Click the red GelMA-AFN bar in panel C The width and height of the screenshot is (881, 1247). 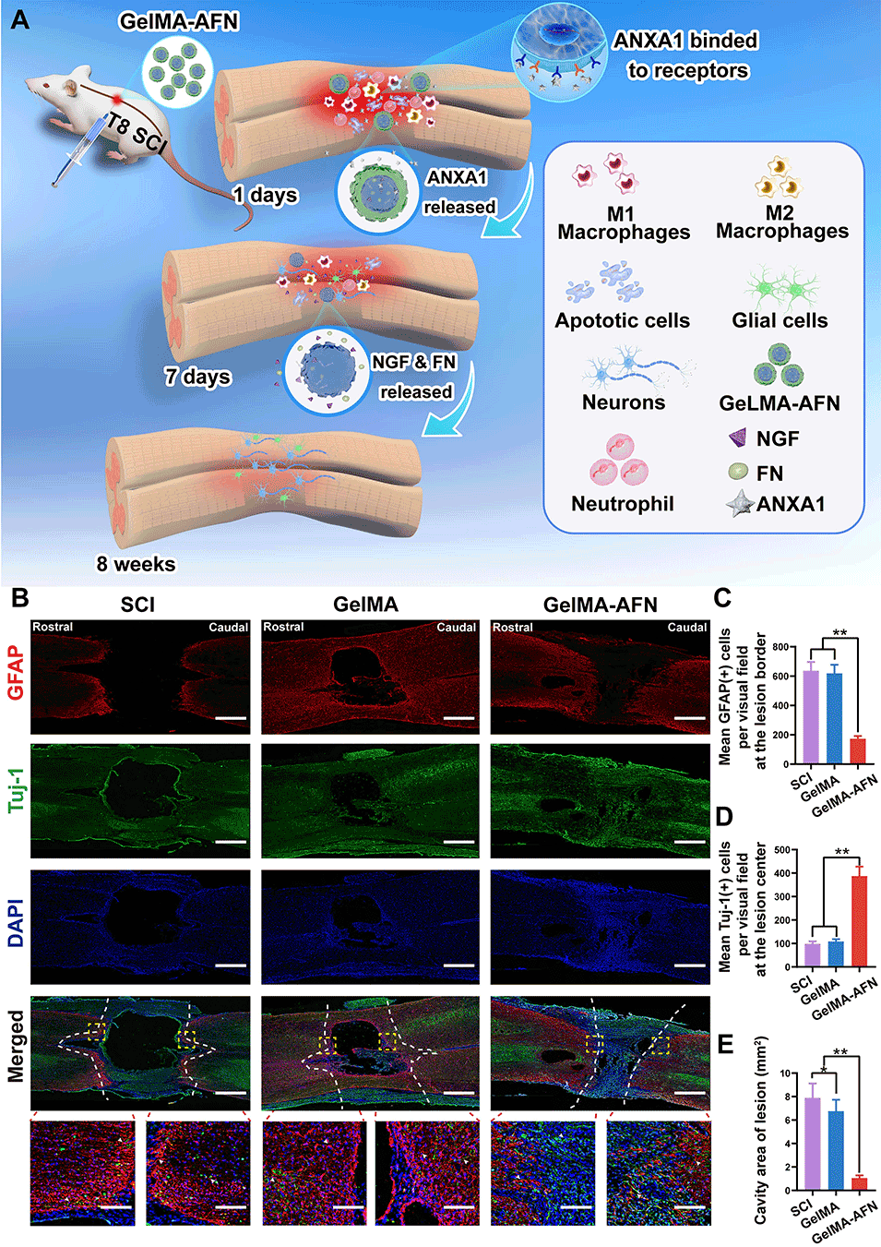pos(858,750)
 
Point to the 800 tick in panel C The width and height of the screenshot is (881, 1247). pos(780,647)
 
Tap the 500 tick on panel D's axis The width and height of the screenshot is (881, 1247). pos(780,850)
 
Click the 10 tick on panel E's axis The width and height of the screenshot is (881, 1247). pos(784,1073)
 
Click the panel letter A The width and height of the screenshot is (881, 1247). pos(19,19)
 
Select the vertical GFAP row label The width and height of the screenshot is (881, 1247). pos(15,673)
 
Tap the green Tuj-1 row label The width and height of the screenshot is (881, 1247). pos(15,788)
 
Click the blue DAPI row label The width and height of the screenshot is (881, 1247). pos(15,923)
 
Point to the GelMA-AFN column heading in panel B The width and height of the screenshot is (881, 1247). pos(600,605)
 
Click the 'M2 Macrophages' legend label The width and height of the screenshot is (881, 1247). pos(781,222)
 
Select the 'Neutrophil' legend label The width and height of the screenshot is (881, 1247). pos(622,504)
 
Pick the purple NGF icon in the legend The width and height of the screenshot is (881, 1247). pos(738,438)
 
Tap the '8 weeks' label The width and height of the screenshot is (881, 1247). pos(136,564)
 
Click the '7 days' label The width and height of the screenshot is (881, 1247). pos(197,377)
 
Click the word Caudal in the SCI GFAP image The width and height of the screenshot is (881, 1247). pos(228,628)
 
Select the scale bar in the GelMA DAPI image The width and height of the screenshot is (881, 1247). pos(458,965)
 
